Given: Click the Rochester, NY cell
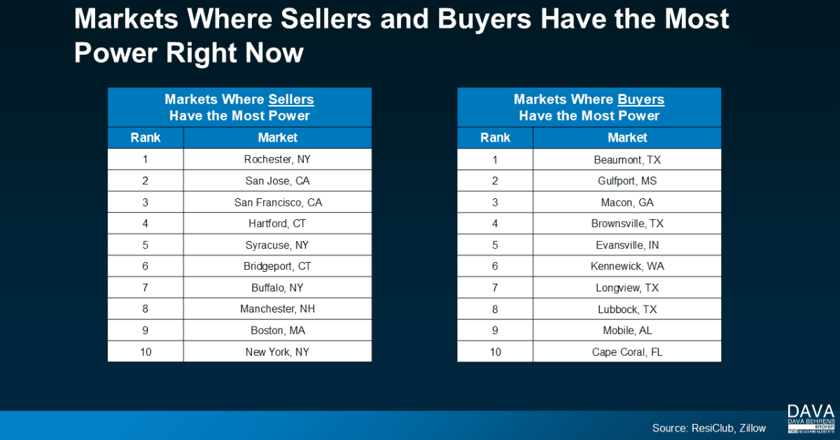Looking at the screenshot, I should (x=277, y=159).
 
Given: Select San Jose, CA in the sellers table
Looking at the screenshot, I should (x=277, y=181).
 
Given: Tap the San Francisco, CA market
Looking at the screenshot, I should (x=277, y=202).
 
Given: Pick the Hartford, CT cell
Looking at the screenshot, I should (x=277, y=224).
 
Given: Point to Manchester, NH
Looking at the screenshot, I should (x=277, y=309).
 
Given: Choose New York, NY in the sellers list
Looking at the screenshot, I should (x=277, y=352).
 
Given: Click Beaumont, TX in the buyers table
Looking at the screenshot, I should (x=626, y=159).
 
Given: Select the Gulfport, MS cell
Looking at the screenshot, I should (x=626, y=181).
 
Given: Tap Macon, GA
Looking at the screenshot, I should (x=626, y=202).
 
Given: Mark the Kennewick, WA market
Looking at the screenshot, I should (x=626, y=266).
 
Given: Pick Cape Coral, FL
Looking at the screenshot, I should (x=626, y=352).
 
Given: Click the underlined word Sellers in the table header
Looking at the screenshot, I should (x=291, y=99).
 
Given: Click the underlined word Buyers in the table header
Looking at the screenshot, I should (x=640, y=99).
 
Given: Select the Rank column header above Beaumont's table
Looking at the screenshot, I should (x=495, y=137).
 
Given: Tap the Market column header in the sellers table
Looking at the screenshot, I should (x=277, y=137).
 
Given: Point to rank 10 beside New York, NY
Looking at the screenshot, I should (x=146, y=352).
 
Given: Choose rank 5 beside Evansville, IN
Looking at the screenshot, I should (x=495, y=245).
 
